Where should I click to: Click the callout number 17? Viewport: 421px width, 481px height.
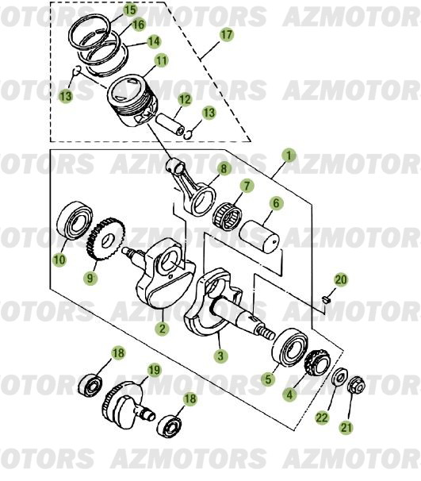[227, 35]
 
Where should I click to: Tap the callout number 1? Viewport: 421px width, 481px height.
[289, 156]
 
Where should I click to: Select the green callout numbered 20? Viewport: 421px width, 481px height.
[341, 279]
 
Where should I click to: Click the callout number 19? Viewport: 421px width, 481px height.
[154, 370]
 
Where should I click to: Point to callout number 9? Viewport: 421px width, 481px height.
[90, 279]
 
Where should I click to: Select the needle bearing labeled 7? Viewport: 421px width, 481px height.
[232, 214]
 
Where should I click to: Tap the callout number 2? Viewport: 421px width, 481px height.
[161, 328]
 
